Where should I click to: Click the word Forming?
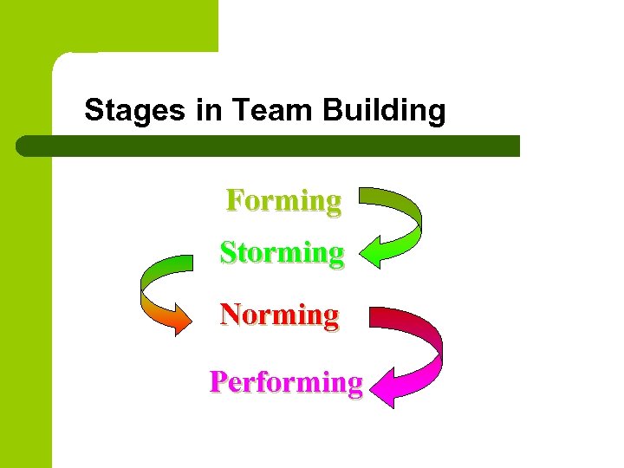point(283,200)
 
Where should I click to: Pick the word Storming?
point(282,252)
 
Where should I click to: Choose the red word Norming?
point(279,313)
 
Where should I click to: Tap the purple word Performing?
point(286,381)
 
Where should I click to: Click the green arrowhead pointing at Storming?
point(373,253)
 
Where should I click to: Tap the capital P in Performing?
point(218,381)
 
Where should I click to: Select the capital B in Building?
point(331,111)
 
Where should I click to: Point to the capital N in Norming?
point(231,313)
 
